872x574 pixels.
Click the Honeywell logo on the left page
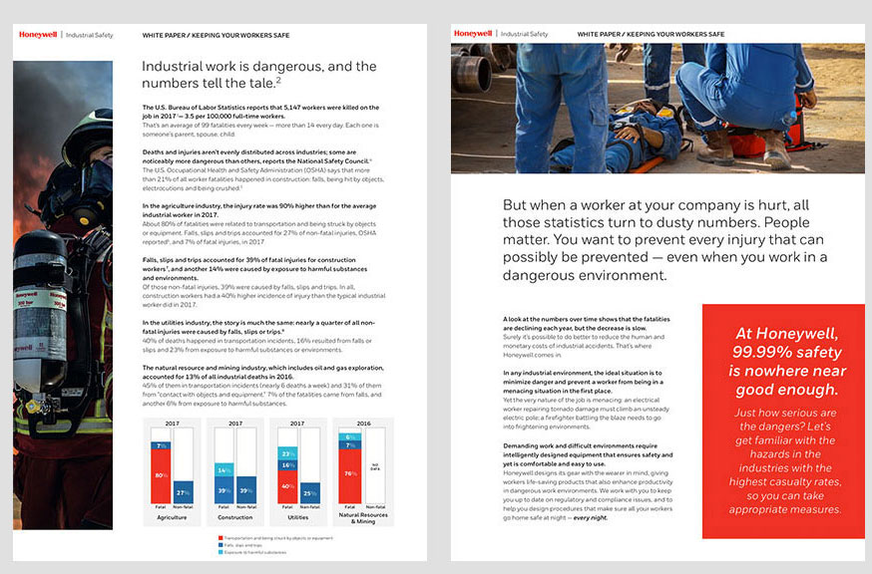point(38,35)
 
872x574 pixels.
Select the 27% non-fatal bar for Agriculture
point(184,492)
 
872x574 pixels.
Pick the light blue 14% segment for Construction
point(224,470)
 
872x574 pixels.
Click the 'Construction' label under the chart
point(235,517)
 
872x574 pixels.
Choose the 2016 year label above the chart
point(362,424)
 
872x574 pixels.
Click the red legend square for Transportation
point(220,537)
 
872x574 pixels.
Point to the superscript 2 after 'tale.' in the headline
point(278,80)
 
